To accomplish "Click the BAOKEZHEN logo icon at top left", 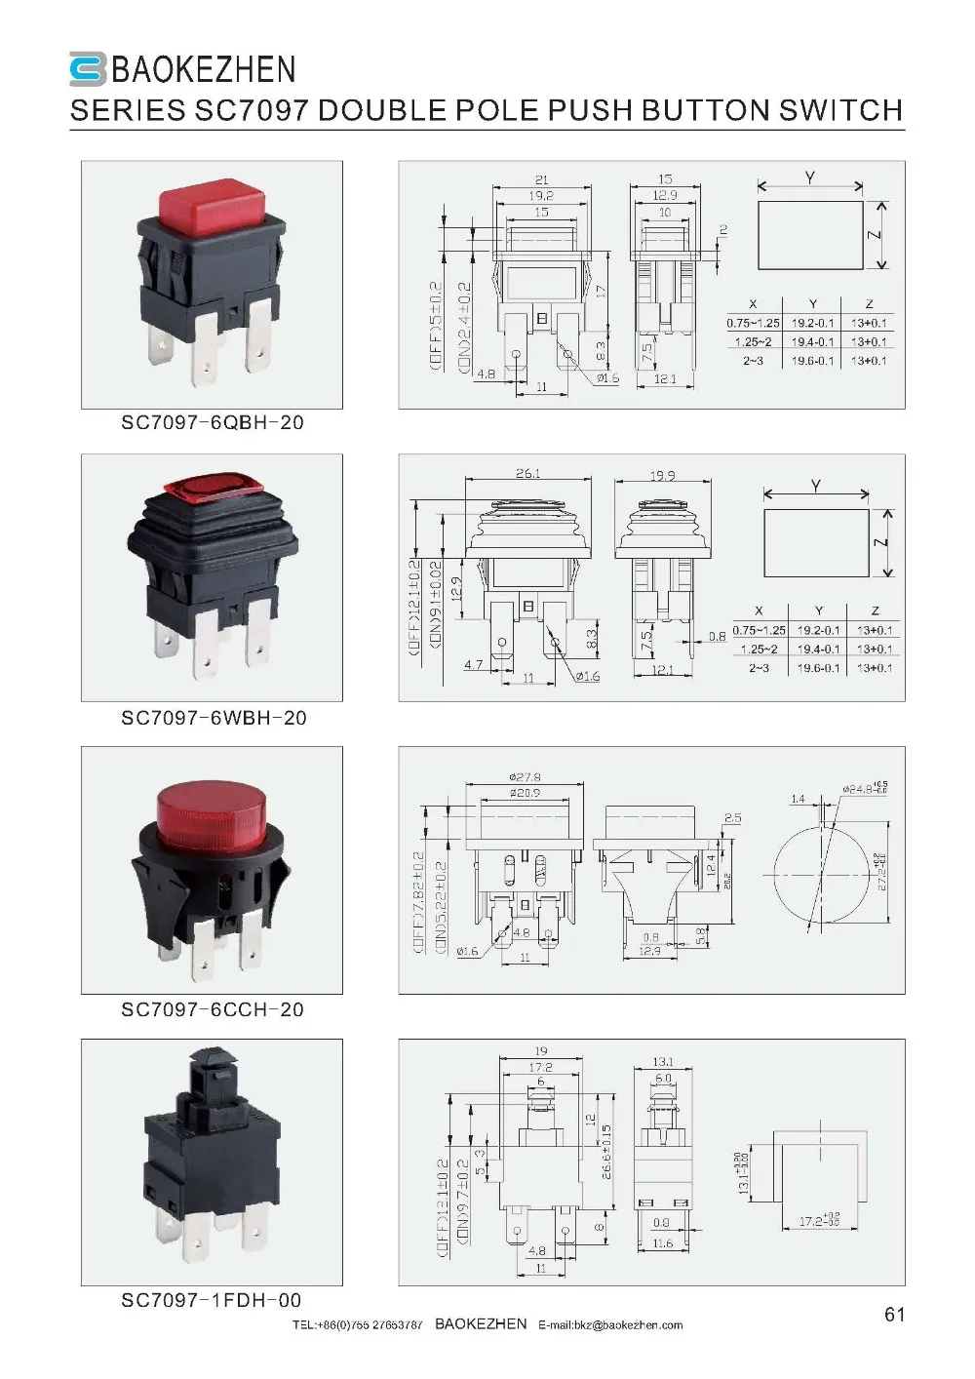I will tap(88, 69).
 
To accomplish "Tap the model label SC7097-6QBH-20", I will tap(212, 423).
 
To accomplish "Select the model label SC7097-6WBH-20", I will tap(214, 718).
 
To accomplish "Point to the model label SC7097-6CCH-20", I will tap(213, 1009).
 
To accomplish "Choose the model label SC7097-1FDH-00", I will tap(211, 1300).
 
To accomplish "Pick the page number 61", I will tap(894, 1315).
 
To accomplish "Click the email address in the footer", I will tap(610, 1324).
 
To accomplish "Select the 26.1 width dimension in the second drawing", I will tap(527, 474).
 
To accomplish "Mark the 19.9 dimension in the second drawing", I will tap(662, 476).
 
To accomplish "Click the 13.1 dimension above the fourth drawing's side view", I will tap(663, 1062).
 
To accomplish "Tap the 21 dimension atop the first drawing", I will tap(541, 179).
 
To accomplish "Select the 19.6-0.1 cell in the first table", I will tap(812, 361).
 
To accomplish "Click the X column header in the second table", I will tap(759, 611).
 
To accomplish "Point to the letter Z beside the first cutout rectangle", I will tap(875, 234).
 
